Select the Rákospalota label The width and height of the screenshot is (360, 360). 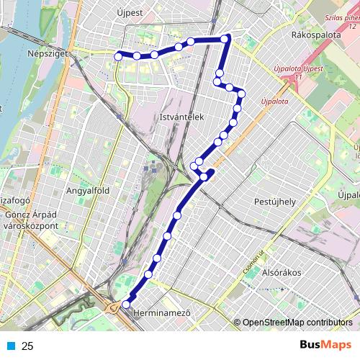309,33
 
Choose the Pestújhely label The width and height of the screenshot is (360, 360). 276,202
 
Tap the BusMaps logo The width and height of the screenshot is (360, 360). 324,346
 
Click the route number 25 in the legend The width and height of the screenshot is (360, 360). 28,346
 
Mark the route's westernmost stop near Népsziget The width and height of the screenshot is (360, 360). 118,55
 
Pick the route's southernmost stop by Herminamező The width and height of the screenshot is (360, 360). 126,305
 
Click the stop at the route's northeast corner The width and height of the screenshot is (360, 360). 225,38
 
